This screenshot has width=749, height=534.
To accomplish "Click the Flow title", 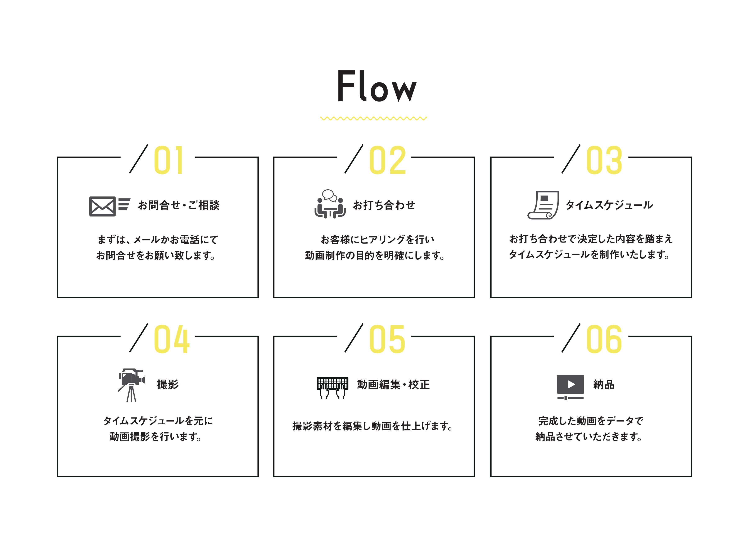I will [x=377, y=86].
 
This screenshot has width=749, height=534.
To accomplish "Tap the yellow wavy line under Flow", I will [x=374, y=118].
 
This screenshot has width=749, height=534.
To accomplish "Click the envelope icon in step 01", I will [x=103, y=206].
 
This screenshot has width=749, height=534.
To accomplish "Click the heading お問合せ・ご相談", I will [x=179, y=205].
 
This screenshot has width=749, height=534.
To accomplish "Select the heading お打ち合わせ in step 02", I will [x=384, y=205].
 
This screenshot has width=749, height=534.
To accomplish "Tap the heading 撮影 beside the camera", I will [x=168, y=384].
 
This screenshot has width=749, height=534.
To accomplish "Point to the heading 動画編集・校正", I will [x=393, y=384].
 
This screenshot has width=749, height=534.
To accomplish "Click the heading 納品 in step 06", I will [x=604, y=384].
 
